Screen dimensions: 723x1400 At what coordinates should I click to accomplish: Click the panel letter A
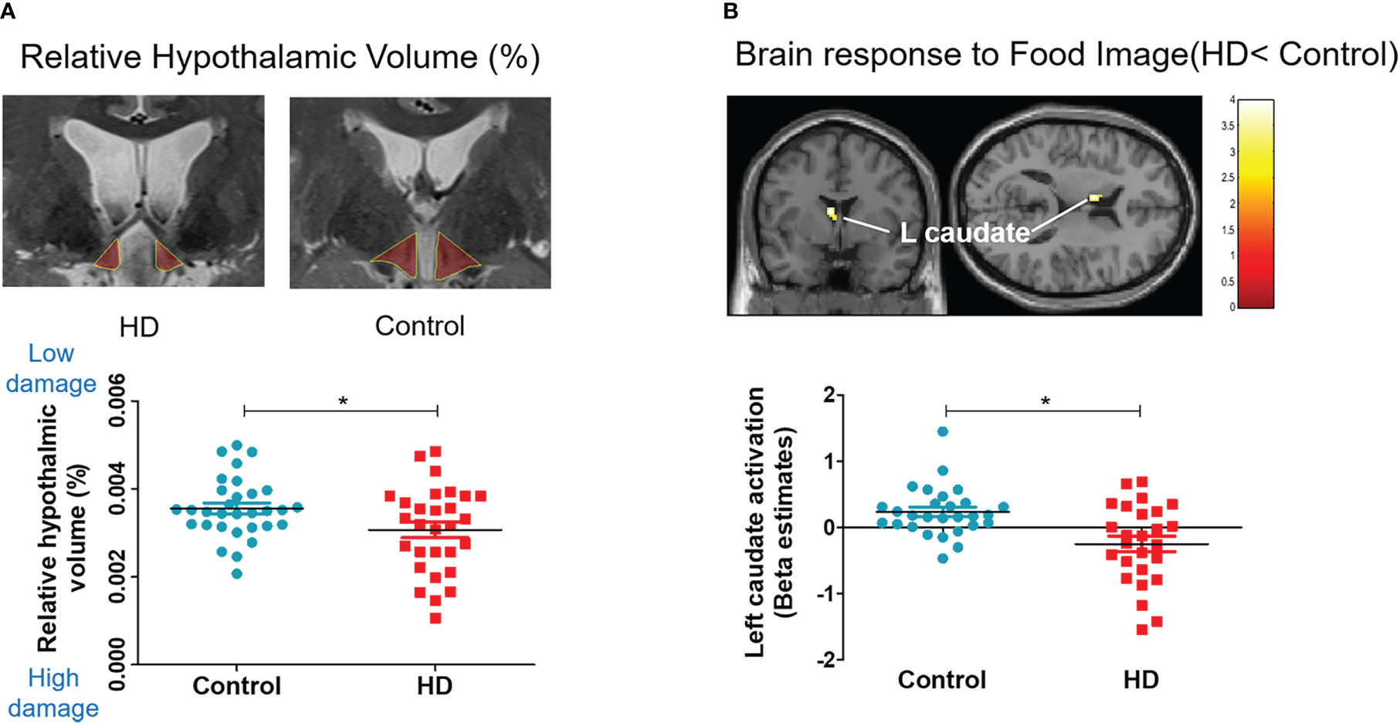[x=7, y=12]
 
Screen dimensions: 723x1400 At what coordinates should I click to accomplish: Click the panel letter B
[x=731, y=12]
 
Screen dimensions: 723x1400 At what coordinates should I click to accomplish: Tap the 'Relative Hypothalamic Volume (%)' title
[x=280, y=58]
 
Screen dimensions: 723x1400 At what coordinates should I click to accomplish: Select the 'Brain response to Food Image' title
[x=1066, y=55]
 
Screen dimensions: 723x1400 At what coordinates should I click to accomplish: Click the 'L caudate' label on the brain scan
[x=965, y=232]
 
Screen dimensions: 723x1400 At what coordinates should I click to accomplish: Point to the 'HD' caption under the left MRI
[x=139, y=327]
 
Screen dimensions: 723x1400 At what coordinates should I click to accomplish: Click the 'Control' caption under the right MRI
[x=419, y=326]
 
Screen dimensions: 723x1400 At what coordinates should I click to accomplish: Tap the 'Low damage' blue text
[x=51, y=368]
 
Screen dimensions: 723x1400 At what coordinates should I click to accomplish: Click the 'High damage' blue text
[x=53, y=693]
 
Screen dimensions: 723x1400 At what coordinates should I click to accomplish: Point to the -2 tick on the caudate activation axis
[x=829, y=660]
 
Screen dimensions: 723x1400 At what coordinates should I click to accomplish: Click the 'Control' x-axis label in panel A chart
[x=236, y=686]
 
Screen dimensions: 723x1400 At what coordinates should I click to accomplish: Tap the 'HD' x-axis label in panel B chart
[x=1141, y=680]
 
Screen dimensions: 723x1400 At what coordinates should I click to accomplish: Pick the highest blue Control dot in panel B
[x=943, y=431]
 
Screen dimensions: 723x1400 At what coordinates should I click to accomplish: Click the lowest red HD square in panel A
[x=436, y=618]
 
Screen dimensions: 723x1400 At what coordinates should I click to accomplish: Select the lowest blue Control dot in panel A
[x=237, y=573]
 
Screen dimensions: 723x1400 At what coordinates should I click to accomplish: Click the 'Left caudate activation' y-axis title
[x=755, y=522]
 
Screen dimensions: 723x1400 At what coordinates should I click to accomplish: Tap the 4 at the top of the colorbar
[x=1232, y=100]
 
